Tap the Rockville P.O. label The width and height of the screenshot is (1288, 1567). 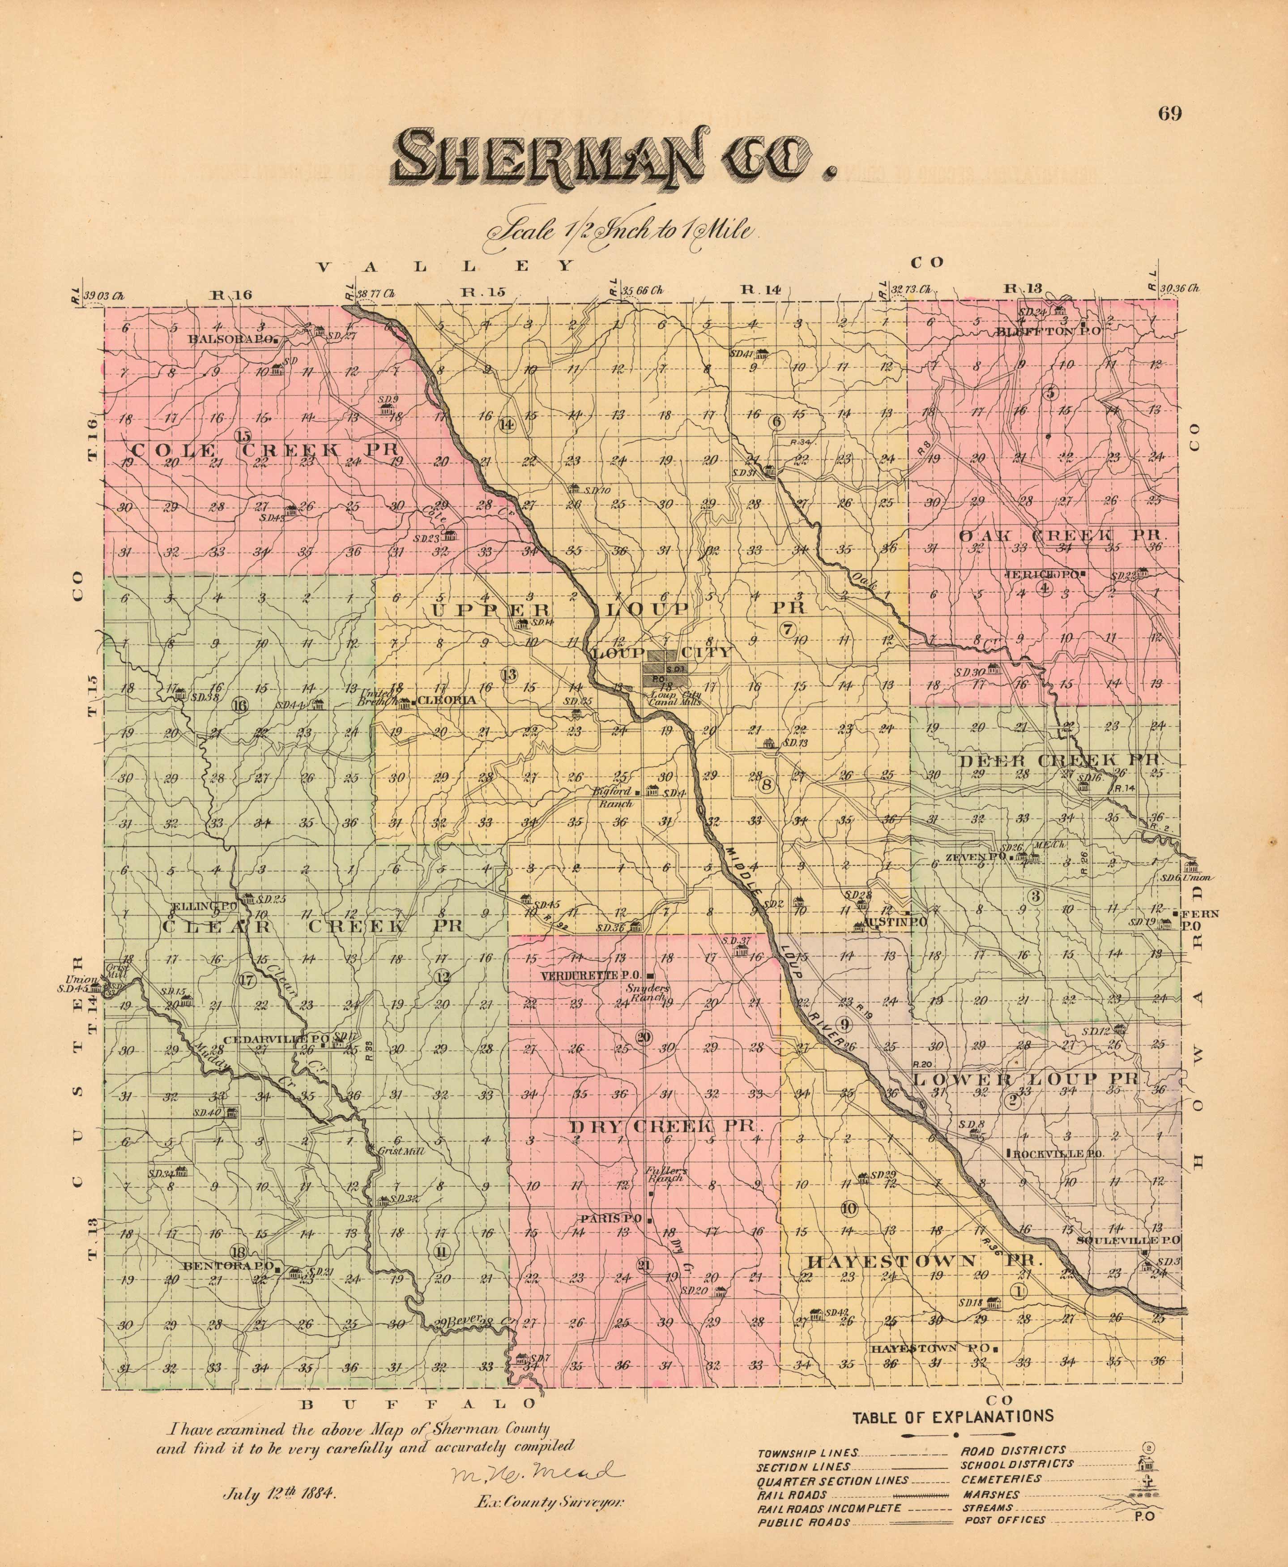coord(1057,1154)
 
